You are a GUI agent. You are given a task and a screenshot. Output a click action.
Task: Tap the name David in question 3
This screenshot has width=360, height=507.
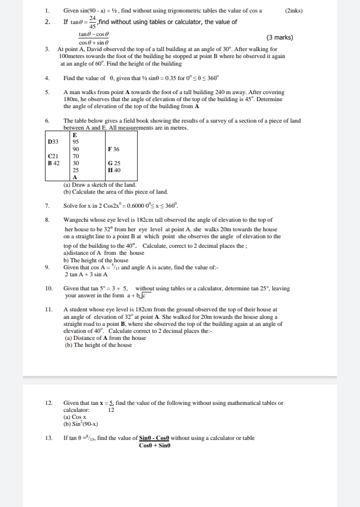[x=91, y=50]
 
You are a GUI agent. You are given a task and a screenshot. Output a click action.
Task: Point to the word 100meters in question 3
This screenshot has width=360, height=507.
[x=73, y=57]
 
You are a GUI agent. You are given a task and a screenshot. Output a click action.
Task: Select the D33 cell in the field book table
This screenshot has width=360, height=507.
[x=53, y=142]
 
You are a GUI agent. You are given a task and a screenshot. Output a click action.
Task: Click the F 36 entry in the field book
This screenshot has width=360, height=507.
[x=114, y=149]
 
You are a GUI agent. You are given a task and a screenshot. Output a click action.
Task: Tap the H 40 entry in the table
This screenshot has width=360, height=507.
[x=114, y=170]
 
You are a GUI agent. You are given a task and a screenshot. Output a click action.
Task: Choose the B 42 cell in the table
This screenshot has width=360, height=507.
[x=53, y=163]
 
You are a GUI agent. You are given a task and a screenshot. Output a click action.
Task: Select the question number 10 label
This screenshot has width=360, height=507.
[x=49, y=288]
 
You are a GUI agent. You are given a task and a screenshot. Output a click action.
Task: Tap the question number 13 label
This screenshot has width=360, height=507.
[x=49, y=438]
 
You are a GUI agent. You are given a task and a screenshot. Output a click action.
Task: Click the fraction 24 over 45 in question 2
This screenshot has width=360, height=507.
[x=93, y=23]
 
